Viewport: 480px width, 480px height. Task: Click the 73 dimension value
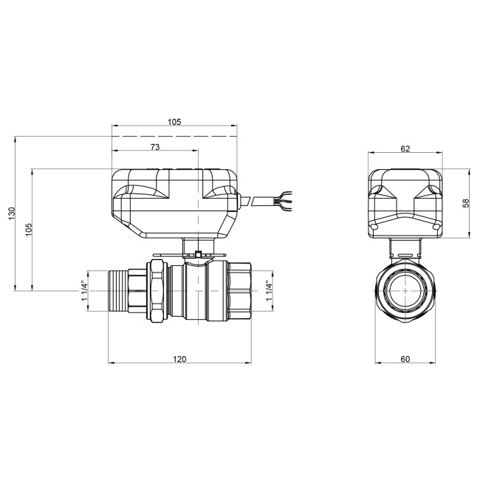[x=154, y=147]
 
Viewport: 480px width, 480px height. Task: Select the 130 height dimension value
[x=11, y=213]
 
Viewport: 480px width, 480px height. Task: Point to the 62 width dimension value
[x=405, y=148]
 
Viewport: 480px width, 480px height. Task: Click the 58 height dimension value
[x=465, y=203]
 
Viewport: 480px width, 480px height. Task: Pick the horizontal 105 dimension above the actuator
[x=174, y=122]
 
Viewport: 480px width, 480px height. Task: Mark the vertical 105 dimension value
[x=29, y=229]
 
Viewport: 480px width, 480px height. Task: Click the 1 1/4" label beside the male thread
[x=83, y=289]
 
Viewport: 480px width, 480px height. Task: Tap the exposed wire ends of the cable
[x=285, y=199]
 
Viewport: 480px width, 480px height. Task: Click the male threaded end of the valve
[x=118, y=289]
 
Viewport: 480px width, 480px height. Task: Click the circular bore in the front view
[x=405, y=289]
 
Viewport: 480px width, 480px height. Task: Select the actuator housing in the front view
[x=405, y=204]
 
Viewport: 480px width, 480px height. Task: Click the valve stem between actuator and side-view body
[x=199, y=251]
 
